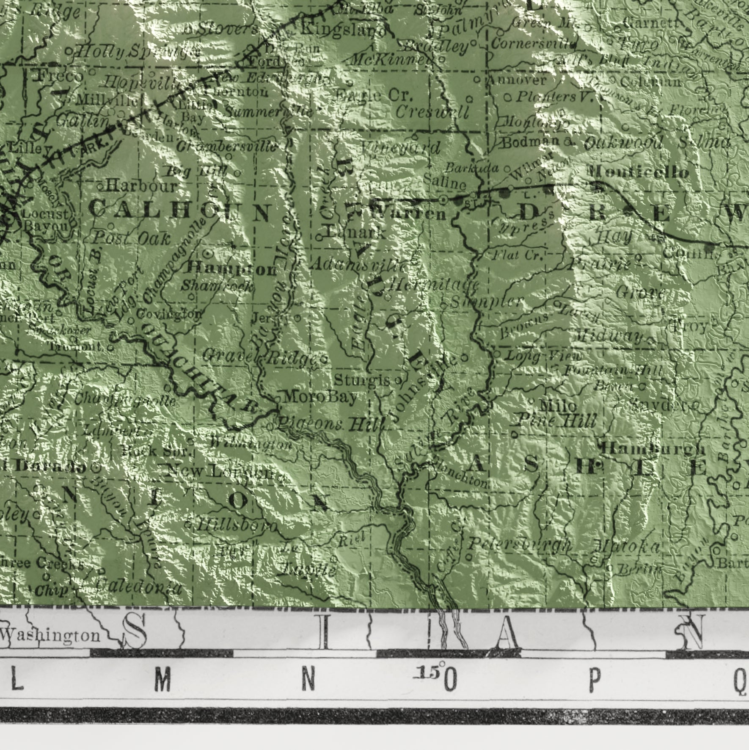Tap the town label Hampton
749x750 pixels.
[231, 268]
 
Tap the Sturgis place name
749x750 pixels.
[362, 380]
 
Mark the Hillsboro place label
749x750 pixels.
[237, 526]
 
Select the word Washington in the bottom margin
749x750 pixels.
[51, 635]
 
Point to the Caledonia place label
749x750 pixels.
[139, 587]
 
